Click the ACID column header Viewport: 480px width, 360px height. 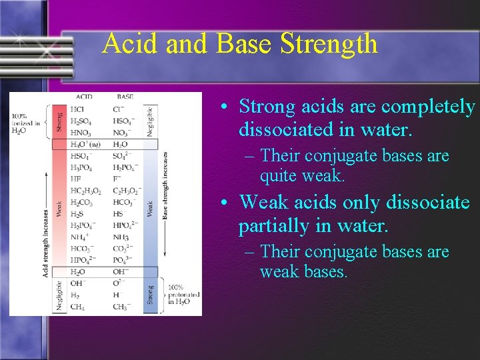pos(83,97)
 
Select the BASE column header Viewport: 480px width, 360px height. pos(125,97)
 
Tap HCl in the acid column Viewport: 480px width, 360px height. pos(77,109)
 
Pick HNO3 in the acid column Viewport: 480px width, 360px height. pos(80,133)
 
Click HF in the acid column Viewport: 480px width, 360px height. pos(76,179)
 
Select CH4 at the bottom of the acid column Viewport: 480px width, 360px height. pos(77,307)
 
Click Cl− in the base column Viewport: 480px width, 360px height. pos(119,109)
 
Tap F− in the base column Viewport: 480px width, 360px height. pos(117,179)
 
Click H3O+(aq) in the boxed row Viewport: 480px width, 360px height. pos(85,144)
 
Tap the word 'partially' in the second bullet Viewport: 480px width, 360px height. pos(275,226)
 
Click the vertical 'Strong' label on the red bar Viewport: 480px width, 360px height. pos(59,121)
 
